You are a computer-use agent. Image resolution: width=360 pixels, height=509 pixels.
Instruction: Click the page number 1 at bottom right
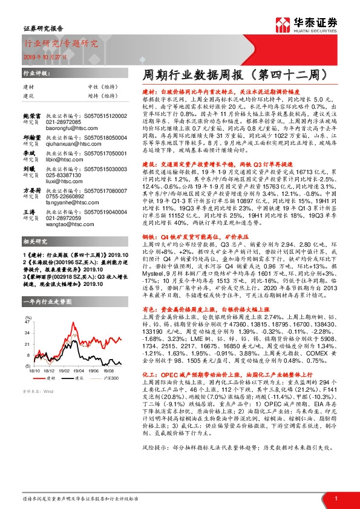336,498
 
